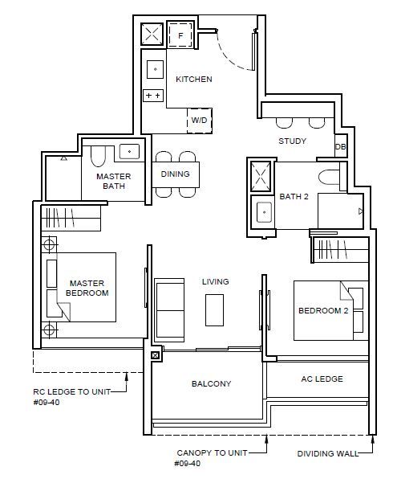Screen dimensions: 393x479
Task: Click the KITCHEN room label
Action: click(194, 79)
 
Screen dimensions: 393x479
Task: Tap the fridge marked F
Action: click(180, 35)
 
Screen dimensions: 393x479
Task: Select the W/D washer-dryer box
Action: click(200, 121)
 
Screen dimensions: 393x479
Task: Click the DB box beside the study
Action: click(341, 146)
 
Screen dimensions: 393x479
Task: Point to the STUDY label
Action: click(293, 141)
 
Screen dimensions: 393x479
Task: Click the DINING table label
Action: click(176, 174)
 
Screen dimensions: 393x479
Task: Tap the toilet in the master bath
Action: click(98, 156)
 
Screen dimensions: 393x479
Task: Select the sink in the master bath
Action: click(129, 152)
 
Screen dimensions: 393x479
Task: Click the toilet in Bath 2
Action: click(329, 177)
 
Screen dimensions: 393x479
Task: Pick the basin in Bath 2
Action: click(264, 212)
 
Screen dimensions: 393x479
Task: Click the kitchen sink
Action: click(155, 69)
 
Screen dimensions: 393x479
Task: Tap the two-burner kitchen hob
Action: click(153, 96)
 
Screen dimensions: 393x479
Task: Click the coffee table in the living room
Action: click(214, 310)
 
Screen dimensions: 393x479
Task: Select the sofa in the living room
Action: click(169, 310)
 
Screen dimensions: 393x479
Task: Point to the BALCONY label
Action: click(211, 383)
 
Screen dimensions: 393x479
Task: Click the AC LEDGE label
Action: click(322, 379)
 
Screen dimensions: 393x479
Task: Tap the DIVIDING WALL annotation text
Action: click(328, 453)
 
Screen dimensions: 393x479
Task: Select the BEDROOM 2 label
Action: click(323, 311)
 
